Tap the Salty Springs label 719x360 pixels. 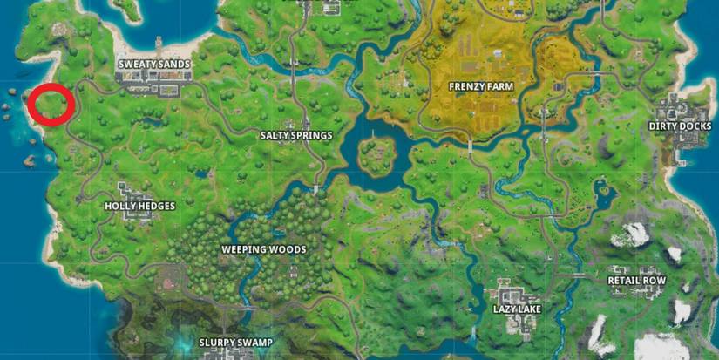point(296,135)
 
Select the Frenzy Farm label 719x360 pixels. point(480,86)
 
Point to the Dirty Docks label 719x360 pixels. point(680,126)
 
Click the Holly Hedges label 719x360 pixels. point(139,206)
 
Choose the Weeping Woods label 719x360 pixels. point(263,249)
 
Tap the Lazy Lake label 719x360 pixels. point(517,309)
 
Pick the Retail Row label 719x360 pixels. point(636,281)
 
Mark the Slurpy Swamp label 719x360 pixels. point(235,341)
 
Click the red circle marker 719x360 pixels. point(49,105)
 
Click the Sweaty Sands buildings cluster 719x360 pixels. point(153,81)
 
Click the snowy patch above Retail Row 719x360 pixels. point(634,233)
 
